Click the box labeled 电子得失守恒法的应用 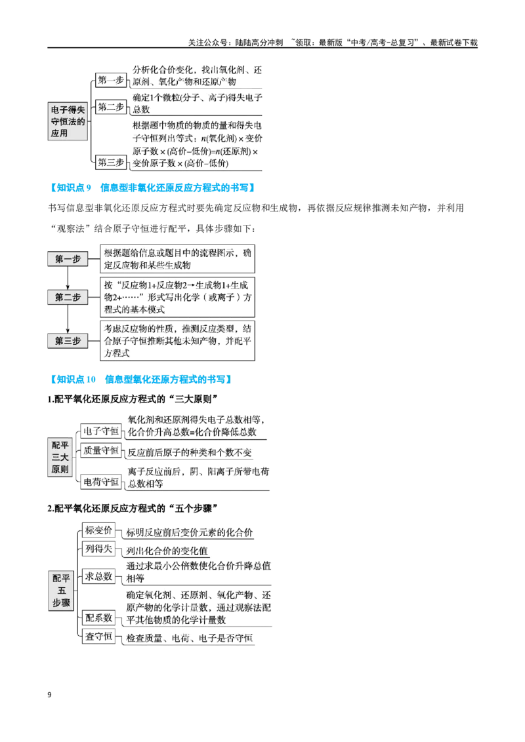pos(68,121)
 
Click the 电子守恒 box pos(100,431)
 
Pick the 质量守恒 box pos(100,450)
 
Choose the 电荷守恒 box pos(100,482)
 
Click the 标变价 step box pos(98,530)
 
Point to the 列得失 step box pos(98,549)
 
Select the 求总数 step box pos(98,576)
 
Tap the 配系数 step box pos(98,617)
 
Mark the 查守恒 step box pos(98,636)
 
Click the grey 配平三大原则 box pos(60,457)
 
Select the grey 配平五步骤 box pos(61,591)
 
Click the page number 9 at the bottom pos(49,695)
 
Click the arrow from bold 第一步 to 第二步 pos(68,278)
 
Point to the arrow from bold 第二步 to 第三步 pos(68,319)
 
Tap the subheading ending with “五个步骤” pos(133,508)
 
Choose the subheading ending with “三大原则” pos(133,399)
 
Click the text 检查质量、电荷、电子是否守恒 pos(189,638)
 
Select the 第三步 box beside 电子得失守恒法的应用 pos(110,163)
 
